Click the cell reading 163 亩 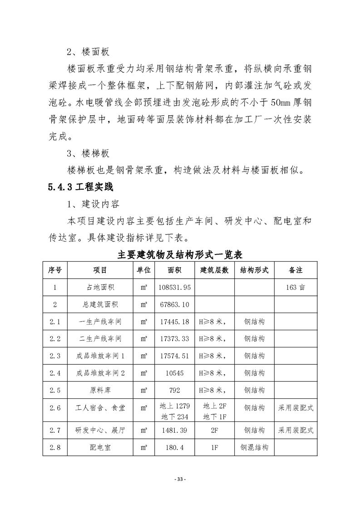(x=296, y=287)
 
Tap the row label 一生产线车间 (x=100, y=322)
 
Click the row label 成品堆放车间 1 (x=100, y=356)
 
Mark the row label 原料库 (x=100, y=390)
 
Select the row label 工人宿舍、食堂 (x=100, y=408)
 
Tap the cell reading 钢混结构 (x=254, y=447)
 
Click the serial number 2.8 (x=55, y=447)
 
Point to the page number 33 (x=180, y=480)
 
